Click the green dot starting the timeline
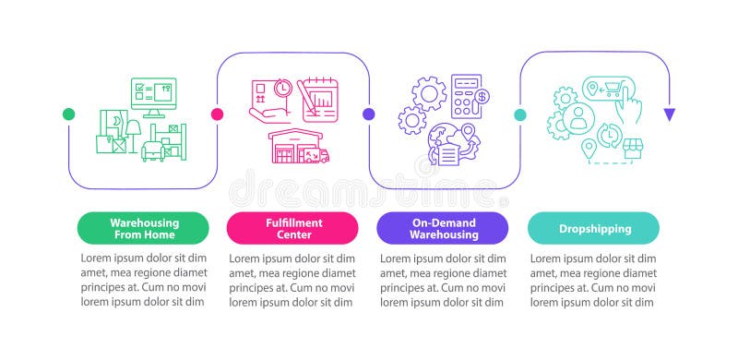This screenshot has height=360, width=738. pyautogui.click(x=68, y=114)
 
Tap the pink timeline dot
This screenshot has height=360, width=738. pyautogui.click(x=218, y=114)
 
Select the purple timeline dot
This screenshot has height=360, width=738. pyautogui.click(x=369, y=114)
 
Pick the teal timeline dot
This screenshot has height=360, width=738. pyautogui.click(x=519, y=114)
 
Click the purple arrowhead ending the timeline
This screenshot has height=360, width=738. pyautogui.click(x=670, y=114)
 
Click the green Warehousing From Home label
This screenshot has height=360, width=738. pyautogui.click(x=145, y=228)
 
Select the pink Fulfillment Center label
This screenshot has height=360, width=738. pyautogui.click(x=292, y=228)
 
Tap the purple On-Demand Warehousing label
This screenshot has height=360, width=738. pyautogui.click(x=444, y=228)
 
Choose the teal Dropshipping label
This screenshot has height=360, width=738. pyautogui.click(x=594, y=228)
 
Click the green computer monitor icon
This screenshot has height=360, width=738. pyautogui.click(x=153, y=95)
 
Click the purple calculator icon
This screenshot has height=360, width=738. pyautogui.click(x=464, y=96)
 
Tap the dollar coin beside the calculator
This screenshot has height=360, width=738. pyautogui.click(x=482, y=96)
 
